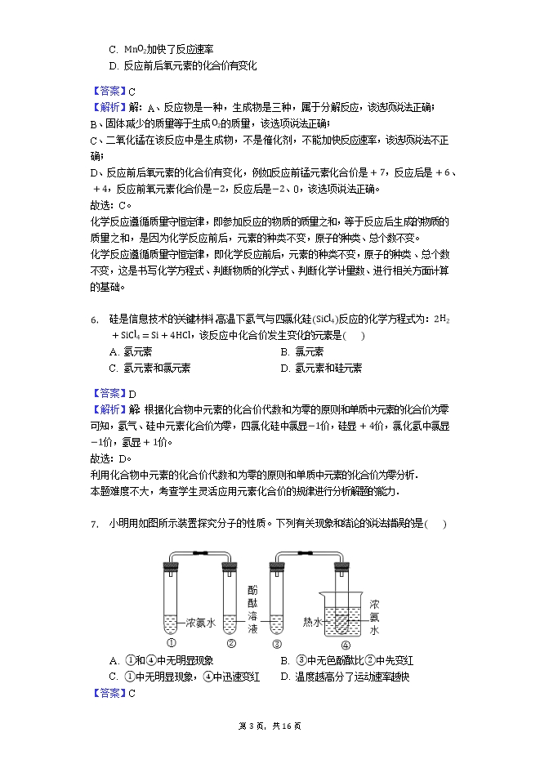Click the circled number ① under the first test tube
click(172, 642)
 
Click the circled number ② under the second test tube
click(230, 642)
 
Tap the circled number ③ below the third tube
click(277, 642)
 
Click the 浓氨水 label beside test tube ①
click(199, 622)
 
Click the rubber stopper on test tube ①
click(172, 567)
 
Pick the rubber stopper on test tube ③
click(277, 567)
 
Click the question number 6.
click(94, 319)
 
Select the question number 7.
click(94, 524)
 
